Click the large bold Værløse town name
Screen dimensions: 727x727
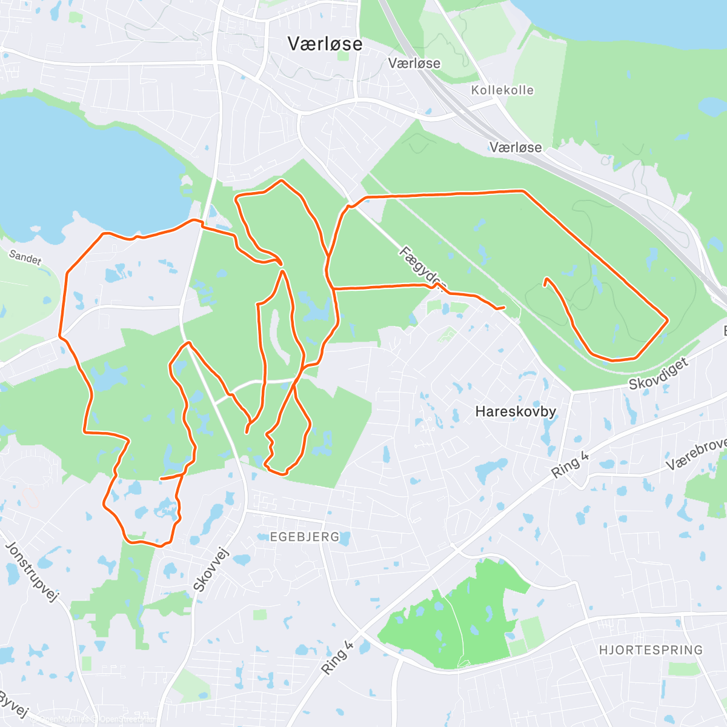pos(325,44)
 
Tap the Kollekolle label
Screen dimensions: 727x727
pos(502,90)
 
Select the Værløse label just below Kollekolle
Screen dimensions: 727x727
pos(516,147)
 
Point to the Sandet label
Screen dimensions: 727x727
pos(25,257)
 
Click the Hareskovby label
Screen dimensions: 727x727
pos(516,412)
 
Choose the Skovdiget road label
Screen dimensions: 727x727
pos(659,374)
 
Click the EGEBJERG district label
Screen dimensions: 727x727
pos(304,537)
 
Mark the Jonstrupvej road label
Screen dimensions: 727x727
pos(30,572)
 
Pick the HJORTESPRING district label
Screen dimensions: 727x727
pos(651,650)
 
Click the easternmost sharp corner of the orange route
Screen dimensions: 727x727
pos(668,319)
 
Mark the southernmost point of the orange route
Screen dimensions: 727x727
pos(161,546)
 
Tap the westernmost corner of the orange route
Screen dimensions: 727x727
pos(59,335)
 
